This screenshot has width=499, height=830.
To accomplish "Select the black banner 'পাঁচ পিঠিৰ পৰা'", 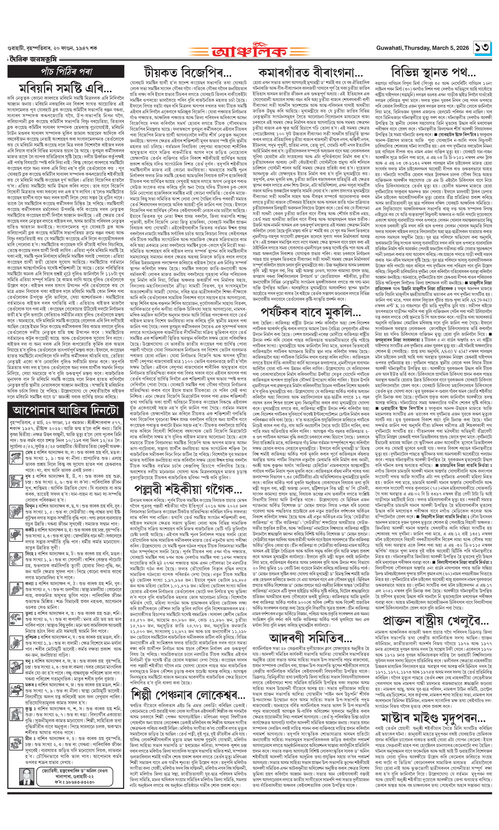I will tap(66, 71).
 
